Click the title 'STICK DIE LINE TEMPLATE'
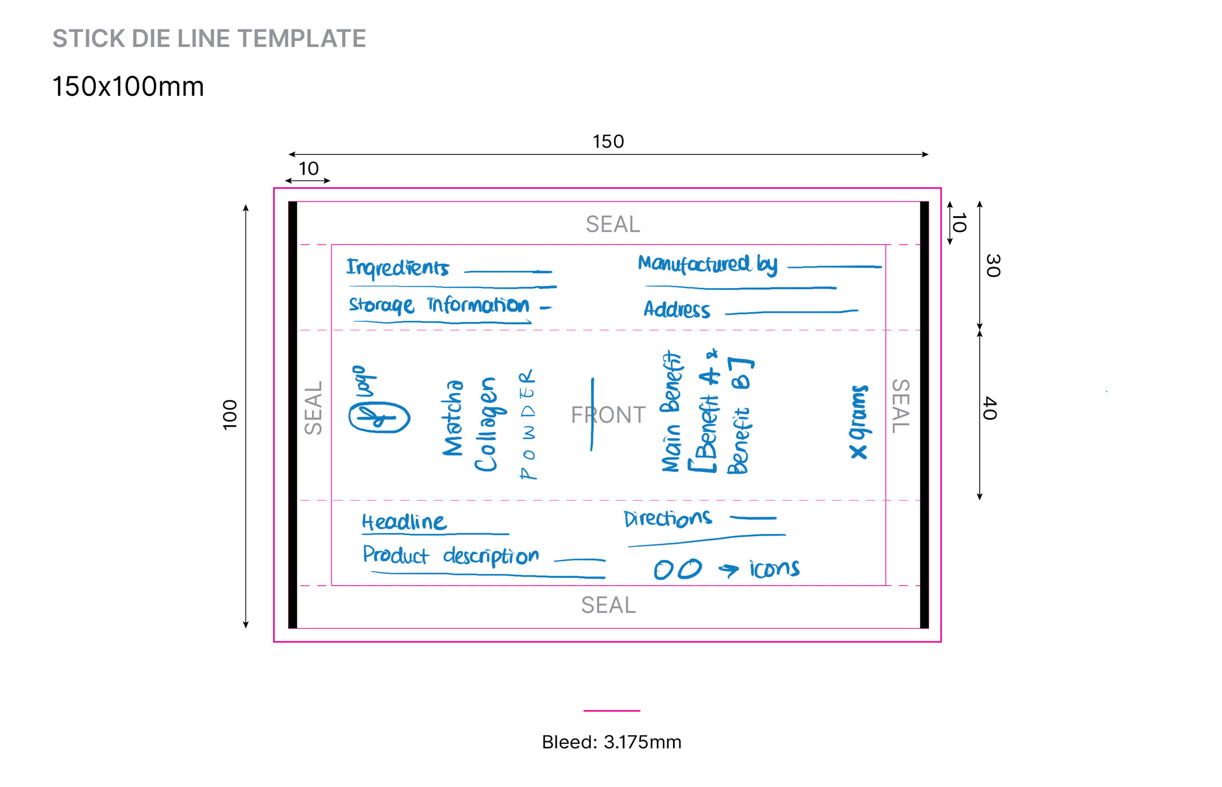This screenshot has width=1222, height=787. tap(209, 39)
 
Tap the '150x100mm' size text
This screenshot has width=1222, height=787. tap(128, 87)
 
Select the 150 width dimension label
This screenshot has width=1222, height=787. tap(608, 142)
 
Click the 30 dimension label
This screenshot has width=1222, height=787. tap(993, 265)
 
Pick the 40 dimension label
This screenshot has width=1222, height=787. tap(990, 408)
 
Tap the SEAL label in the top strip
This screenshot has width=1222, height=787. tap(612, 224)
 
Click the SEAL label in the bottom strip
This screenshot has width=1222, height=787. tap(608, 605)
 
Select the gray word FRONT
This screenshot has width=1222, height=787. tap(608, 415)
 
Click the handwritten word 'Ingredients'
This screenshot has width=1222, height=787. tap(397, 268)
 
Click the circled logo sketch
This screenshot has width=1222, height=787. tap(379, 417)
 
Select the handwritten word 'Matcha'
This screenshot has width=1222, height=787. tap(453, 417)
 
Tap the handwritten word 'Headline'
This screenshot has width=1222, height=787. tap(404, 522)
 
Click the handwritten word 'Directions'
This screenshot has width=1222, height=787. tap(667, 519)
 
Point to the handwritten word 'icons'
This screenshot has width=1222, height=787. tap(774, 569)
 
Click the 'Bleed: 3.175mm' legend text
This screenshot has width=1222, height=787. tap(611, 742)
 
